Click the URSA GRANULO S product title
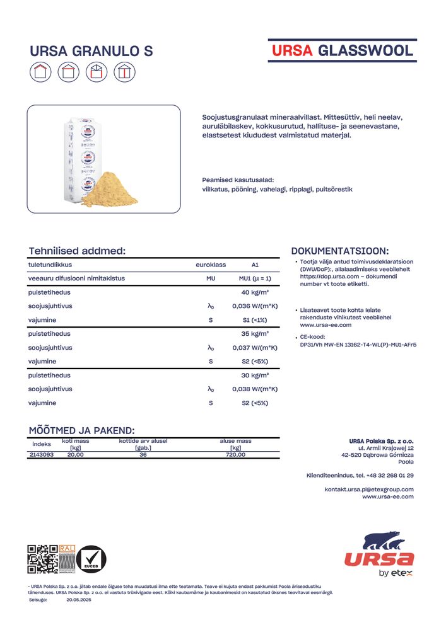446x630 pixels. pyautogui.click(x=91, y=52)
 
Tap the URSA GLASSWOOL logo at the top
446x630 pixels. pyautogui.click(x=342, y=50)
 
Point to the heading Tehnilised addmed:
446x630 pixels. pyautogui.click(x=77, y=251)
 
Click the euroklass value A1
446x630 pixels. pyautogui.click(x=255, y=265)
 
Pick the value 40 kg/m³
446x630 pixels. pyautogui.click(x=255, y=292)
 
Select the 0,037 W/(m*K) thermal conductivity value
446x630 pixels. pyautogui.click(x=255, y=348)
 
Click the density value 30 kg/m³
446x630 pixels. pyautogui.click(x=255, y=375)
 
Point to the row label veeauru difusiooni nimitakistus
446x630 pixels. pyautogui.click(x=76, y=278)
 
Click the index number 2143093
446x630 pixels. pyautogui.click(x=42, y=454)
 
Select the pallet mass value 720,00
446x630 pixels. pyautogui.click(x=235, y=454)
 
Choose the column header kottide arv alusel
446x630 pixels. pyautogui.click(x=143, y=441)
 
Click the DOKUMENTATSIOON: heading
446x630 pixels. pyautogui.click(x=340, y=251)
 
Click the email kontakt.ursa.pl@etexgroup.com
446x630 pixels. pyautogui.click(x=369, y=489)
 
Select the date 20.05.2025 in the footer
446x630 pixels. pyautogui.click(x=79, y=600)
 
